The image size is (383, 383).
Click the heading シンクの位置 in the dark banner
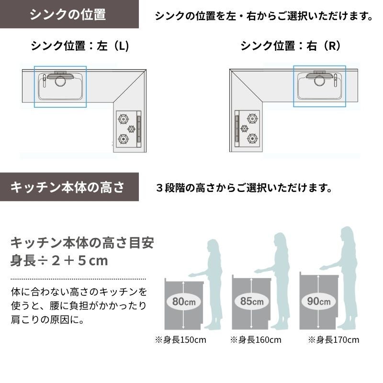[68, 14]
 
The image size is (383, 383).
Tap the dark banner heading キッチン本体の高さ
[68, 187]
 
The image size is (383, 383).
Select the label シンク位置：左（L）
[80, 45]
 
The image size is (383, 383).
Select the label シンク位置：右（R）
[291, 45]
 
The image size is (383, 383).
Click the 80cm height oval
[184, 302]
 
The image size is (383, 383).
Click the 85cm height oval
[252, 301]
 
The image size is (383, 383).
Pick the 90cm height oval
[318, 301]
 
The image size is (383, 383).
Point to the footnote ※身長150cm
[180, 340]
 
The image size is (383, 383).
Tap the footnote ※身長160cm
[256, 340]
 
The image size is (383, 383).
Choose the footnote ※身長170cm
[333, 340]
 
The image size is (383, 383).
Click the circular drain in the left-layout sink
[60, 81]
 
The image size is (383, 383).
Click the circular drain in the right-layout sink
[319, 81]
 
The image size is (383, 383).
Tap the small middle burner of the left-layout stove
[131, 129]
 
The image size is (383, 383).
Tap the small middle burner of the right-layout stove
[245, 128]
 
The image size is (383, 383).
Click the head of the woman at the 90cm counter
[347, 235]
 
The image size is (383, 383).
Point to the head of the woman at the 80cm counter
[213, 247]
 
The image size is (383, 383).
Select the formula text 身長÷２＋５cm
[59, 260]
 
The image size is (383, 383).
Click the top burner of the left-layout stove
[124, 119]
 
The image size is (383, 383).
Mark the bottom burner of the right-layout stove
[252, 138]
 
